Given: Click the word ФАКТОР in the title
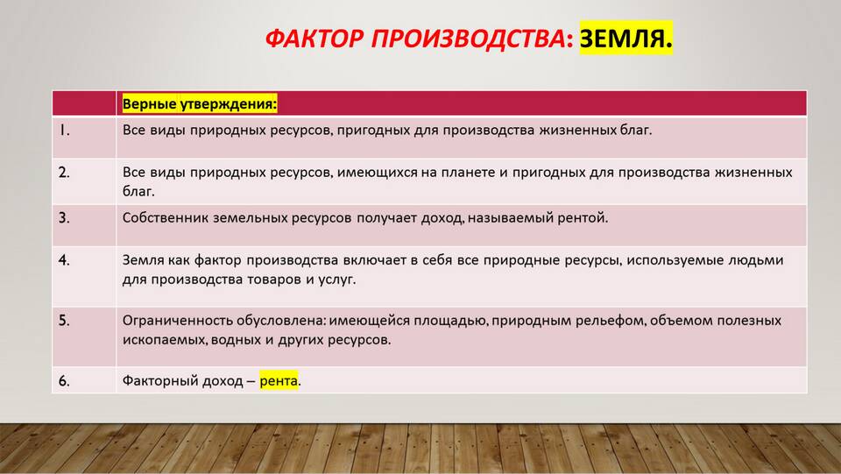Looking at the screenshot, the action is [314, 39].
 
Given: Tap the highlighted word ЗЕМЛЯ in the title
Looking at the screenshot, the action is [625, 38].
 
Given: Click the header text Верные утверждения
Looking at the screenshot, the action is [200, 103].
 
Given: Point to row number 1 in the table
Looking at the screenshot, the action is [64, 131].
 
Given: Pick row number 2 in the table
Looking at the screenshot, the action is [64, 173].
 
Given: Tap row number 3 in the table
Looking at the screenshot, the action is [64, 218].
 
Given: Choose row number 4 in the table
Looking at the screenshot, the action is [64, 260].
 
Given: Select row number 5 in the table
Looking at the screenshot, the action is [64, 321].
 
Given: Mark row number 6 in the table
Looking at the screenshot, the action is [64, 381].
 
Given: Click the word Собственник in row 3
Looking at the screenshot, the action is [166, 217].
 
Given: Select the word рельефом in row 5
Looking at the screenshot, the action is [611, 321].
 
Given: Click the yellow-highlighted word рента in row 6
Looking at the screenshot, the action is [279, 381].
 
